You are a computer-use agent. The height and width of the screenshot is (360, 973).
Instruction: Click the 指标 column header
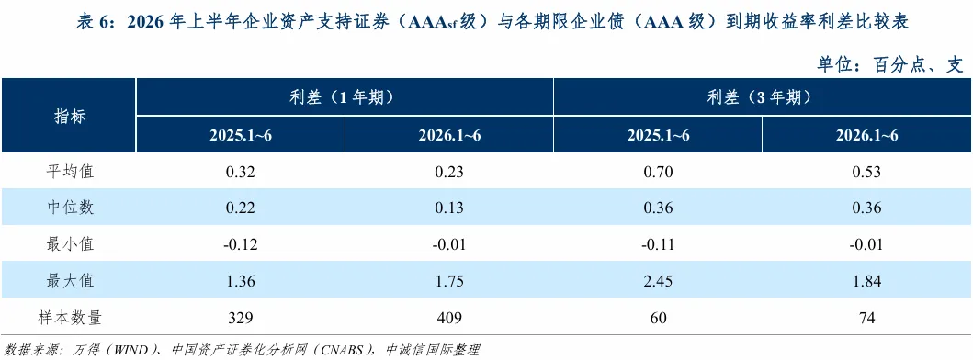click(70, 116)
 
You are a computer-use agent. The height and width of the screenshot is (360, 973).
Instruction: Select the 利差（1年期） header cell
click(345, 97)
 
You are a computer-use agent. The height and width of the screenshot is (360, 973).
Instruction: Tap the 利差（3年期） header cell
click(762, 97)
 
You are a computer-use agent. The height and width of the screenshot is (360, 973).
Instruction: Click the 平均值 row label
click(70, 172)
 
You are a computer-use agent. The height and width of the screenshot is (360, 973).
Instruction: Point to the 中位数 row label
click(70, 208)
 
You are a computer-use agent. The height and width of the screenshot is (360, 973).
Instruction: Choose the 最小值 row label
click(70, 244)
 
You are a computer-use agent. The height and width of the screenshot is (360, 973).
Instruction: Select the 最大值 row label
click(70, 281)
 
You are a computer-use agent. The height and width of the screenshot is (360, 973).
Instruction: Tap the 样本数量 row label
click(70, 318)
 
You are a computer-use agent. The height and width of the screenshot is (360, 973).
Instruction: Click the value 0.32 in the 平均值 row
click(240, 172)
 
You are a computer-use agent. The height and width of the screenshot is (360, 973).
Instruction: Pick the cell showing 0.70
click(658, 172)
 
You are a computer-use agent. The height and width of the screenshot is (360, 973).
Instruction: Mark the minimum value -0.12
click(240, 245)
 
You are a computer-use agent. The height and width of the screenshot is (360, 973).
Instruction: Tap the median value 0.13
click(448, 208)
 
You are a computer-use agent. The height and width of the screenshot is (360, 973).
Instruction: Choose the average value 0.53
click(867, 172)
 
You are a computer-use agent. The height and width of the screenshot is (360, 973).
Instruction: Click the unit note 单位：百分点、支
click(889, 63)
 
